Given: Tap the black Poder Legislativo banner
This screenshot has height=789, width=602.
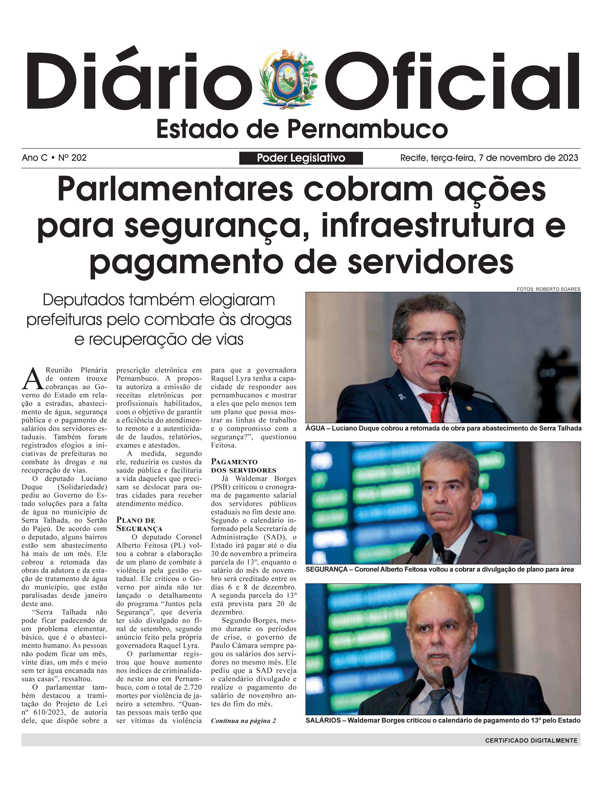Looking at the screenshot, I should tap(301, 158).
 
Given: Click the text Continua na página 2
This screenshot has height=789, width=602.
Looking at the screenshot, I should tap(243, 720).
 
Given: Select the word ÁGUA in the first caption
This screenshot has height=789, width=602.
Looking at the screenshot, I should tap(315, 428).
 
